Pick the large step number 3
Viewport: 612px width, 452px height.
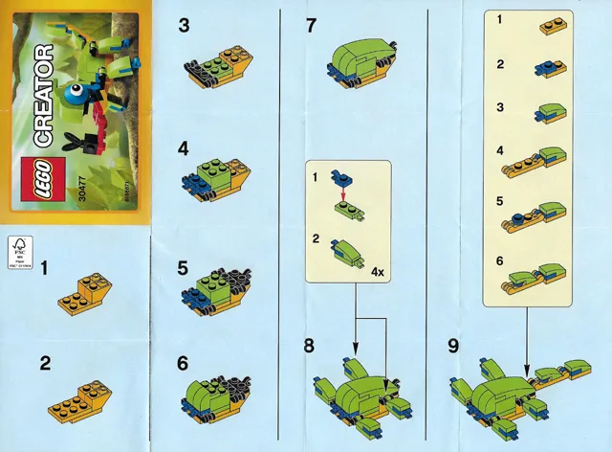click(184, 27)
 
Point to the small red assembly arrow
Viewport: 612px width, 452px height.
click(342, 192)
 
